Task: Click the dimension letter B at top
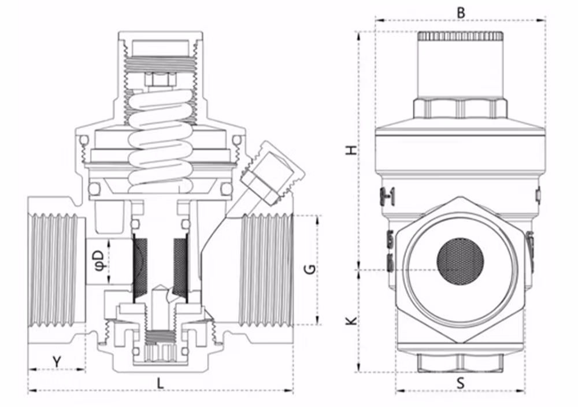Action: click(x=461, y=13)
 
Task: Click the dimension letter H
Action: click(x=353, y=150)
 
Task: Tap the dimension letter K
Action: click(x=353, y=320)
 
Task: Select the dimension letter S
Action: click(x=461, y=383)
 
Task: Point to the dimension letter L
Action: click(x=160, y=383)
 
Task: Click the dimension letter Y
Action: click(x=57, y=362)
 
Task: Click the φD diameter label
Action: click(x=99, y=261)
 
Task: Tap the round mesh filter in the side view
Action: click(x=460, y=261)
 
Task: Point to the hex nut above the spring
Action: click(x=160, y=80)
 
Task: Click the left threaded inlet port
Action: click(x=57, y=270)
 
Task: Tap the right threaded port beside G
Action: click(x=265, y=270)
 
